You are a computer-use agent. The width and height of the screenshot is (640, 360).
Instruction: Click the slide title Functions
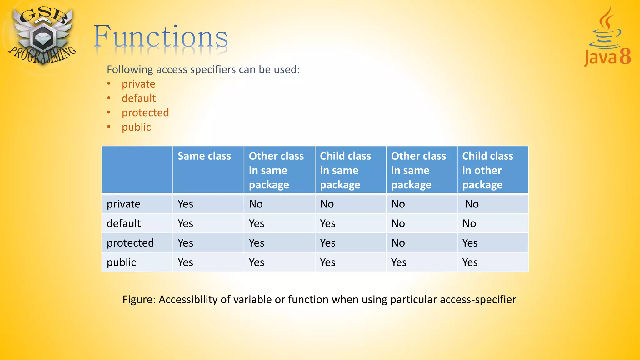point(161,37)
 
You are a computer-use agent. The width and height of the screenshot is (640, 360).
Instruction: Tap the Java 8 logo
point(607,37)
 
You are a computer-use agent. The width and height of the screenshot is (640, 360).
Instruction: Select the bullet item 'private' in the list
point(138,84)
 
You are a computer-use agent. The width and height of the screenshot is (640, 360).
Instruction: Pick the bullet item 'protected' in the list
point(145,113)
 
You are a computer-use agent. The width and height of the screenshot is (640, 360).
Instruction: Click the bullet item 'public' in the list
point(136,127)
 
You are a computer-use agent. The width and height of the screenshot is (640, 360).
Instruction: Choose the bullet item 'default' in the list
point(139,98)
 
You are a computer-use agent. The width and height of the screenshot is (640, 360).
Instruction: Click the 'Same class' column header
point(204,156)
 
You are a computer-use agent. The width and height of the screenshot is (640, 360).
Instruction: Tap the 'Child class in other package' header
point(487,170)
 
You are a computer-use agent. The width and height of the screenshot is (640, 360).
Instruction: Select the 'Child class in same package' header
point(345,170)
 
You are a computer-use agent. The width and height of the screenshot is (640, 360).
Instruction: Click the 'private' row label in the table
point(123,204)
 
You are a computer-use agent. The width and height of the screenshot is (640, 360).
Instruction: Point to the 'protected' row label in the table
point(130,243)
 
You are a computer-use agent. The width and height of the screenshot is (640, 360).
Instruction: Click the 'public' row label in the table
point(121,262)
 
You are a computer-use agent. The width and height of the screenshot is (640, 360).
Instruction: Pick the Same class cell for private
point(186,204)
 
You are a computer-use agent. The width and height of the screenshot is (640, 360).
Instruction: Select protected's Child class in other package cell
point(470,243)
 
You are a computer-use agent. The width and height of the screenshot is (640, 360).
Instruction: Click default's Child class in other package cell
point(469,223)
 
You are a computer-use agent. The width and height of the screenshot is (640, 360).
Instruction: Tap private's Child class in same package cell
point(327,204)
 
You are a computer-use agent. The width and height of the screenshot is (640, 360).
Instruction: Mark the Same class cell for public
point(186,262)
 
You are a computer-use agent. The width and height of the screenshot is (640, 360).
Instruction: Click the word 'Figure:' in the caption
point(139,299)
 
